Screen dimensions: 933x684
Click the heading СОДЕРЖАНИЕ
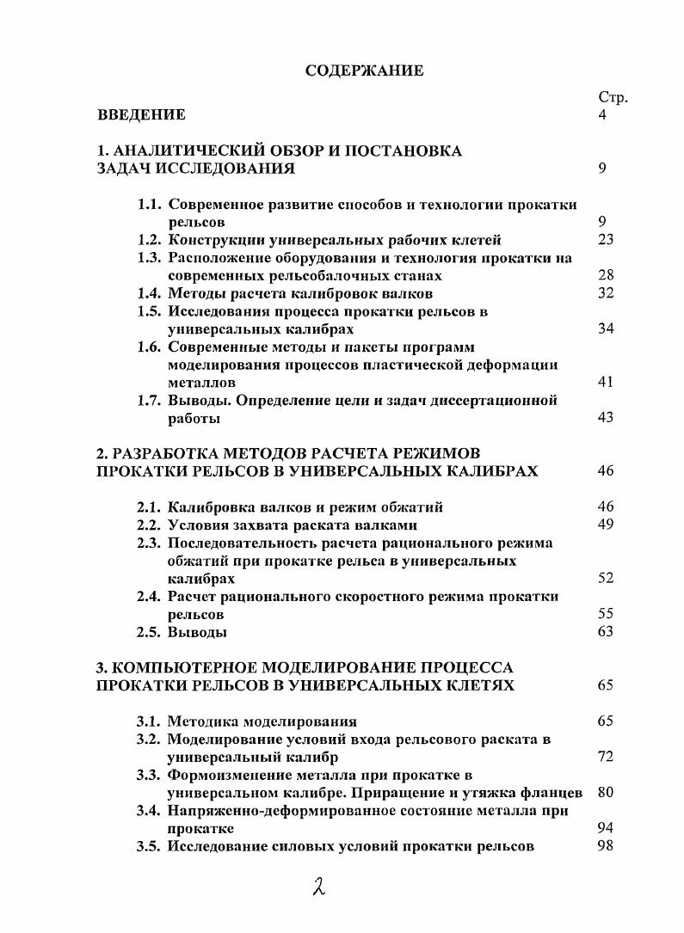(365, 71)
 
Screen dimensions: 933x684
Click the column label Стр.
(613, 98)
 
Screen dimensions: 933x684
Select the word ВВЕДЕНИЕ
(141, 114)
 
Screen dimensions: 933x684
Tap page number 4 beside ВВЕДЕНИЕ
(601, 114)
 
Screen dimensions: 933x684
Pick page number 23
(605, 240)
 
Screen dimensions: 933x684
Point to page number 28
(605, 276)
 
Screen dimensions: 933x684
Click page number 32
(605, 294)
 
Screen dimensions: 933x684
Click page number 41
(605, 383)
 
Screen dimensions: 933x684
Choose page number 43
(605, 419)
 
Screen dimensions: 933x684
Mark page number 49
(605, 525)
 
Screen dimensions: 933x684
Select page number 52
(605, 579)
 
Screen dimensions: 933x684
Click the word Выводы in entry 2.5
(197, 632)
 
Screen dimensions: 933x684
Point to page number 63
(605, 632)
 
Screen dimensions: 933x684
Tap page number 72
(605, 758)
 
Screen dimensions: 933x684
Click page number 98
(605, 846)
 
